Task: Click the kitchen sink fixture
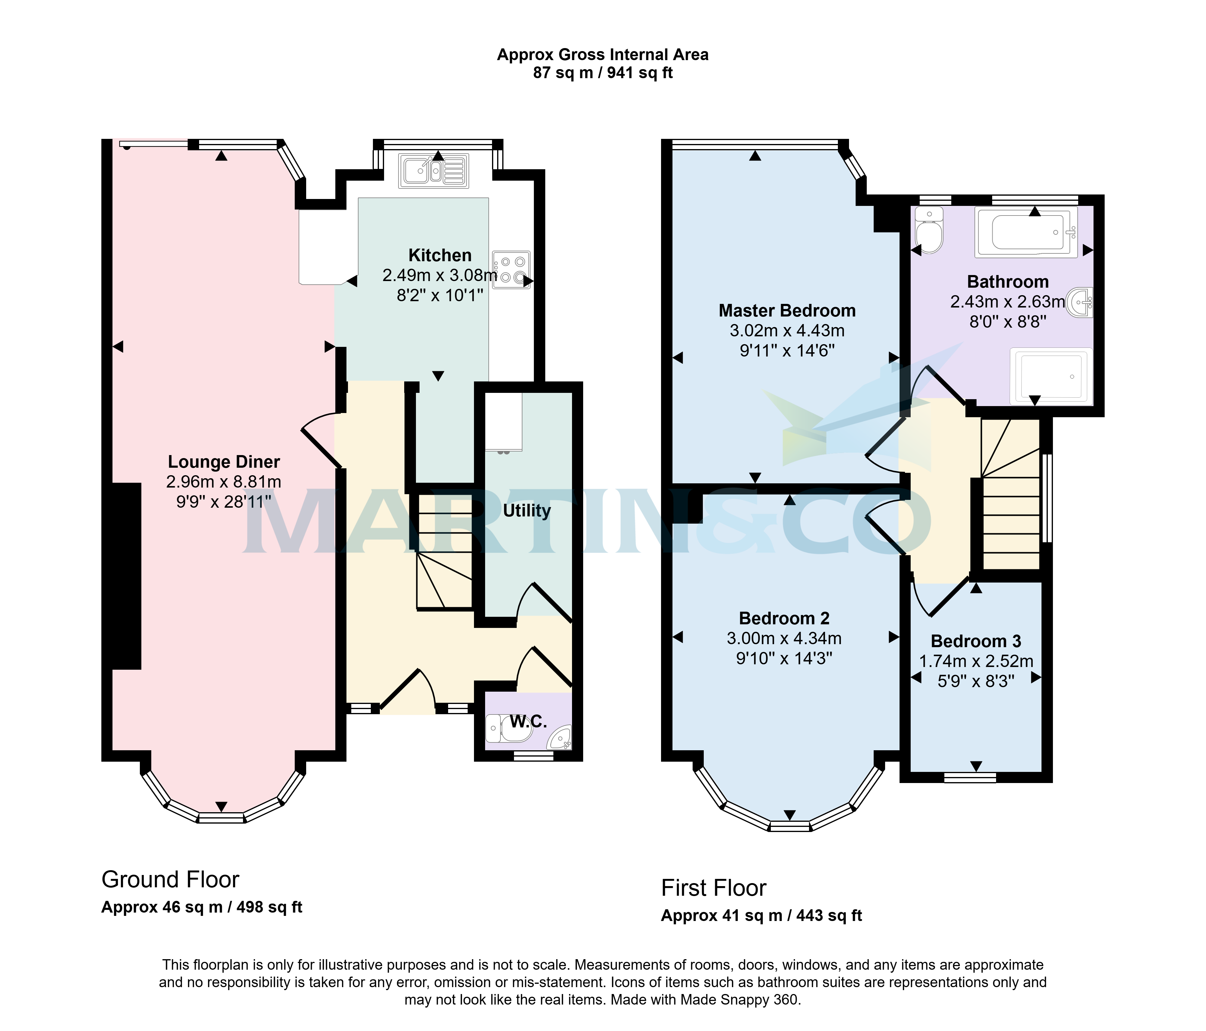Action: tap(434, 170)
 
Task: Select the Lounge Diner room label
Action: tap(224, 462)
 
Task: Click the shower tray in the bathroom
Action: tap(1051, 376)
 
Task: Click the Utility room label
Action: tap(527, 511)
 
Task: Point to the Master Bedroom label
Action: tap(787, 311)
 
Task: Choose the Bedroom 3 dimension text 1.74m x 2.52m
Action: tap(976, 662)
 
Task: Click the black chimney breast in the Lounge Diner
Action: tap(125, 576)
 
